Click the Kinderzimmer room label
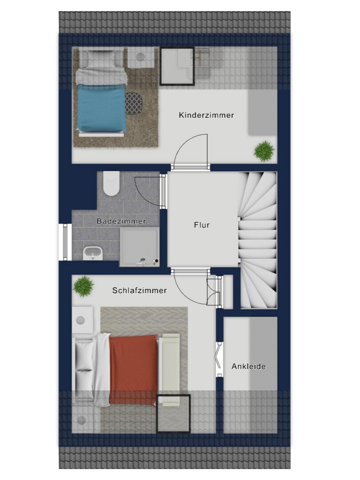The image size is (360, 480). click(206, 115)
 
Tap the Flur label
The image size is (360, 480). click(202, 225)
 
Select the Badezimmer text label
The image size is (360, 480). click(121, 221)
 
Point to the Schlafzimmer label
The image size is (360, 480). click(139, 290)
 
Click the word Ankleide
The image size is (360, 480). click(248, 366)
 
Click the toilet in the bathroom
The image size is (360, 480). click(111, 184)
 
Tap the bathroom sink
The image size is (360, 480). click(93, 253)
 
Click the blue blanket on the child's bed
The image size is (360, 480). click(101, 107)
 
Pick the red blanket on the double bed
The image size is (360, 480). click(133, 369)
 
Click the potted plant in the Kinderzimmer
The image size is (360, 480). click(264, 151)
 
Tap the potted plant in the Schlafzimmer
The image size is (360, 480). click(83, 286)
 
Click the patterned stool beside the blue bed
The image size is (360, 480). click(134, 103)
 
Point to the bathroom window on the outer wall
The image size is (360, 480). click(65, 242)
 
